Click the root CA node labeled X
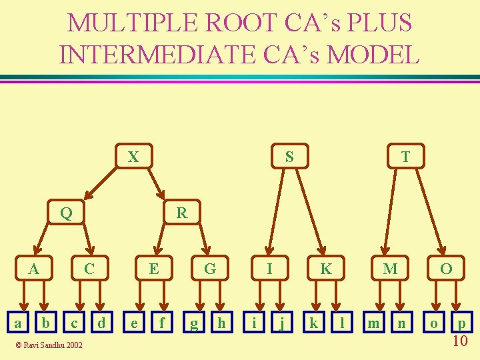[x=133, y=157]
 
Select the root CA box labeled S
[x=289, y=157]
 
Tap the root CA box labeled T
[x=405, y=157]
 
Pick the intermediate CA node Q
[x=66, y=213]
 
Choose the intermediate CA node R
[x=181, y=213]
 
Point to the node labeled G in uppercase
[x=210, y=269]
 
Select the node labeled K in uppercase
[x=326, y=269]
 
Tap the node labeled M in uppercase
[x=391, y=269]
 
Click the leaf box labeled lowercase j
[x=283, y=324]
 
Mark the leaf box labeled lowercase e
[x=135, y=324]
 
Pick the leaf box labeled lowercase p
[x=461, y=324]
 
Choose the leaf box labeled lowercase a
[x=18, y=324]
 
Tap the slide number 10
[x=459, y=342]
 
